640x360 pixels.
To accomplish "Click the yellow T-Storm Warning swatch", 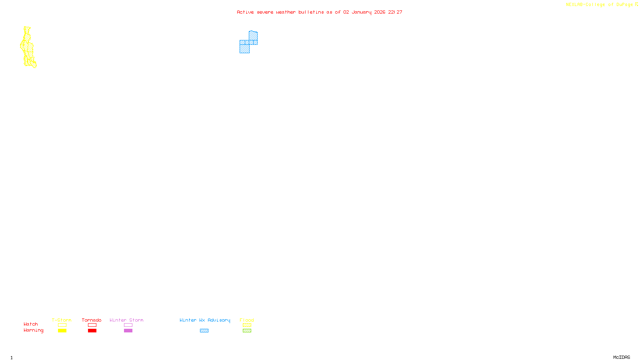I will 62,331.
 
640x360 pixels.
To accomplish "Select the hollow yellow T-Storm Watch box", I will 62,325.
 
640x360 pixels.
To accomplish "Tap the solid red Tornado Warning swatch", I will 92,331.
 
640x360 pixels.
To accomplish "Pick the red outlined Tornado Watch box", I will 92,325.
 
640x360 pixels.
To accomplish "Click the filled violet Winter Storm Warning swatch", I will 128,331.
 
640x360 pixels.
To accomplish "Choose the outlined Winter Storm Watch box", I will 128,325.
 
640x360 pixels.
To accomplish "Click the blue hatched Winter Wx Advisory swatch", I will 204,331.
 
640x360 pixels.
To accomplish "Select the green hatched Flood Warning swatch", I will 247,331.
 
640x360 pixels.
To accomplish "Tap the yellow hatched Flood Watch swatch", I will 247,325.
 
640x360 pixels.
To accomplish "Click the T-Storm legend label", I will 62,320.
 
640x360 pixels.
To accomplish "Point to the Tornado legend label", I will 92,320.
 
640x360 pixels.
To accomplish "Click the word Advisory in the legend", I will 219,320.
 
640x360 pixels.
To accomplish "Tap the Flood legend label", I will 247,320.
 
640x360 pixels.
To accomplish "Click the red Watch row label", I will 31,324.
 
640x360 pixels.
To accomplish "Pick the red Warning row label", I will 33,330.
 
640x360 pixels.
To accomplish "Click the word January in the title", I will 362,12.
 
